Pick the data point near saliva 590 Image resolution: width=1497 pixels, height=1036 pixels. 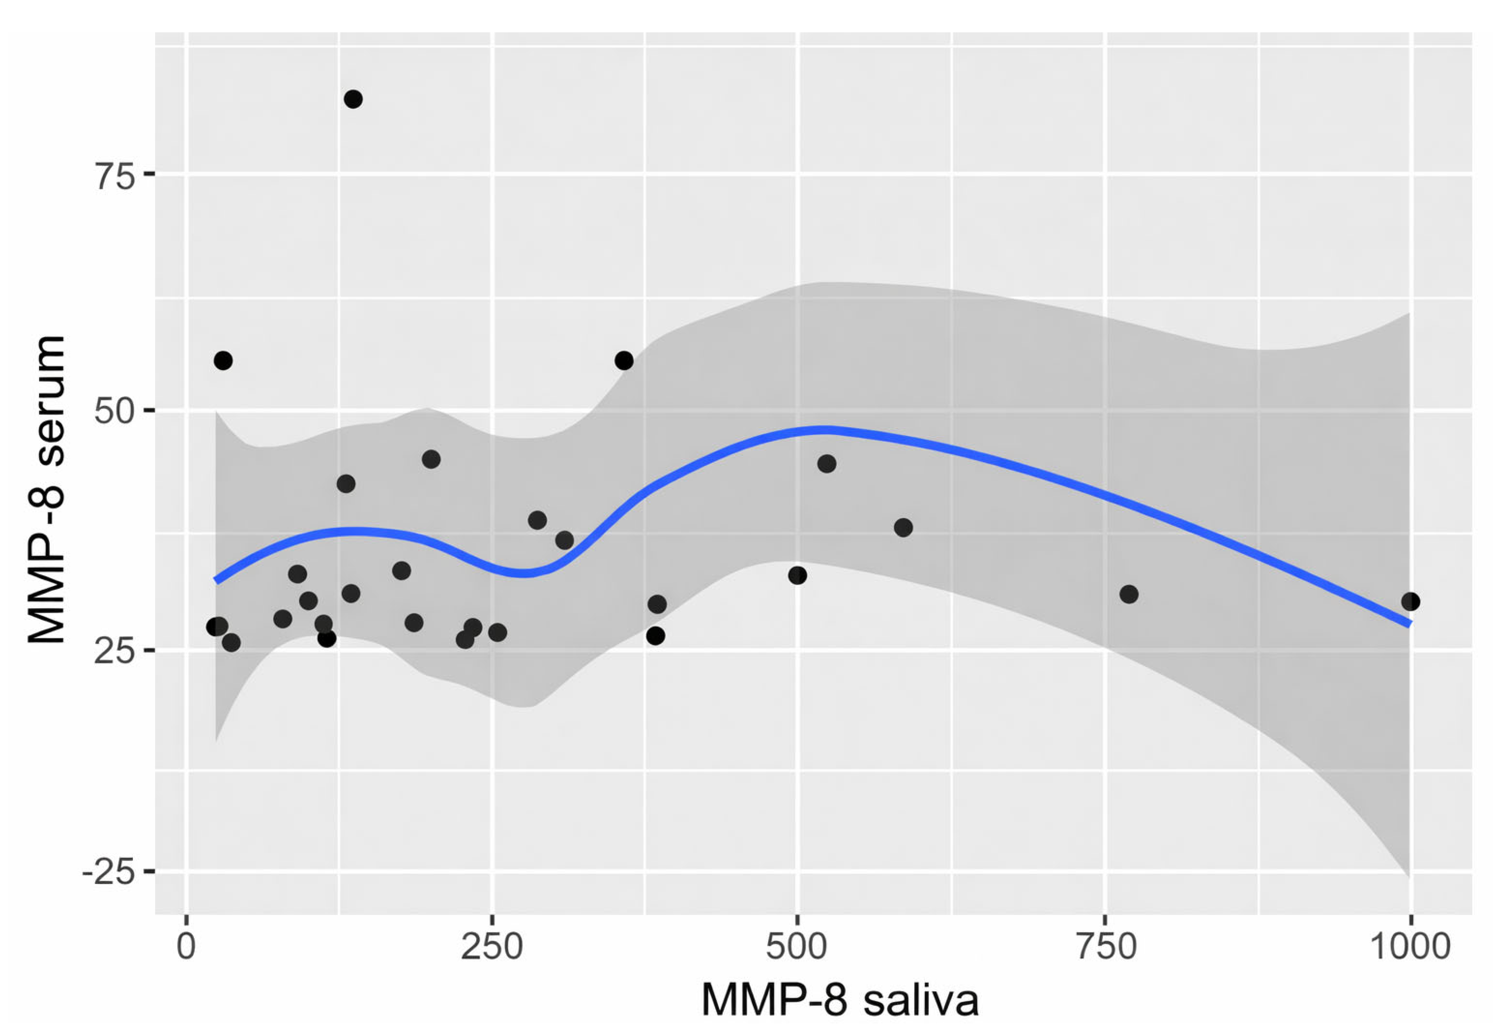[x=903, y=527]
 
